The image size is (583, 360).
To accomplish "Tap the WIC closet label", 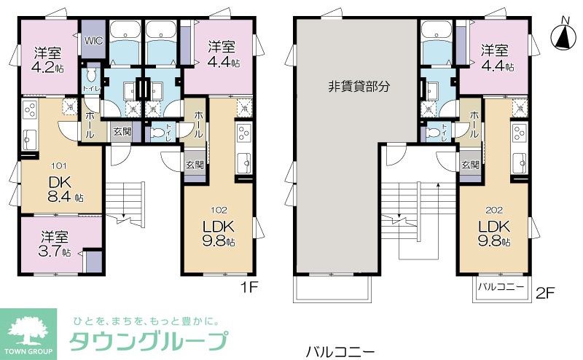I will click(93, 40).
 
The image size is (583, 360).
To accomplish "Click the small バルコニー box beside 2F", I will click(501, 286).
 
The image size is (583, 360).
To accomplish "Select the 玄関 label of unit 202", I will click(469, 165).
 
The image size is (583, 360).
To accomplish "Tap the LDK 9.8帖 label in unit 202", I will click(493, 232).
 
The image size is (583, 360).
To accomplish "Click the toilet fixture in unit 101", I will click(91, 76).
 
